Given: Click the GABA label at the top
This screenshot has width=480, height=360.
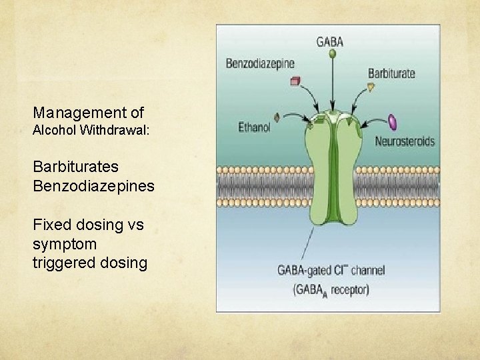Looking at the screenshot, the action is pos(330,42).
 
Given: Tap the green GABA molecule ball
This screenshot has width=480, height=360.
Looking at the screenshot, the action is pos(332,54).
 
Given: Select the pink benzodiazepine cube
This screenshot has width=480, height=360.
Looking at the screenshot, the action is pos(295,81).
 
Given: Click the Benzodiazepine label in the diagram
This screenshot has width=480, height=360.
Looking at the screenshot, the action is pos(260,63).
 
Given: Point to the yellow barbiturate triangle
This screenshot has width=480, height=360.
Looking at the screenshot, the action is pos(371,87).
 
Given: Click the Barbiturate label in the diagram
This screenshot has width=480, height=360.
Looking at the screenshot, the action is pos(391,73).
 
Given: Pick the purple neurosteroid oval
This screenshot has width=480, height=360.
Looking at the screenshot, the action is pos(393,122).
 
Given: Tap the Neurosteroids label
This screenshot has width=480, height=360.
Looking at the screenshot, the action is pos(405,141).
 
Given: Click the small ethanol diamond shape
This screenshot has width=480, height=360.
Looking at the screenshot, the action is pos(277,117).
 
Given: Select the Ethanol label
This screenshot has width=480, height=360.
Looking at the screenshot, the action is pos(254,127).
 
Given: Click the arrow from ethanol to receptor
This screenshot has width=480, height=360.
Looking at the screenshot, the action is pos(296,116).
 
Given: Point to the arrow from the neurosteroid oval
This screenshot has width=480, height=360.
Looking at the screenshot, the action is pos(373,121).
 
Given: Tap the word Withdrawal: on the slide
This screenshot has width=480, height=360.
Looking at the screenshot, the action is pos(115,130).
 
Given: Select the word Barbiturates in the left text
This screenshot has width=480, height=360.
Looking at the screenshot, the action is pos(75,167).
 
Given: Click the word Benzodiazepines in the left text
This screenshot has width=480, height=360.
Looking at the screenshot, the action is pos(94,186).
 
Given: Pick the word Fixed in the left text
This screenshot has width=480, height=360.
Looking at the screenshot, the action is pos(52,225).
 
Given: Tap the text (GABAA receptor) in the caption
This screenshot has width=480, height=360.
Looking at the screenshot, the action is pos(331,290).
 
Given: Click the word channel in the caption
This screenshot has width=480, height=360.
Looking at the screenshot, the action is pos(368,270).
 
